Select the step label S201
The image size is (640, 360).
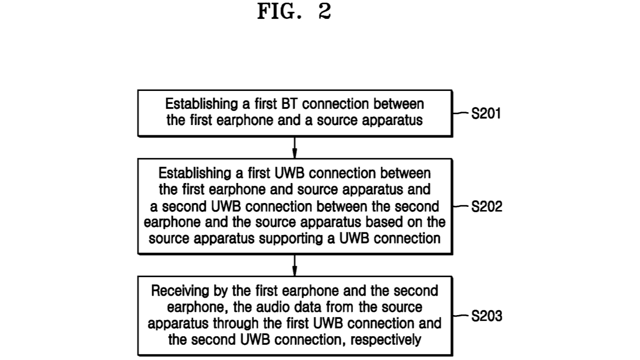pyautogui.click(x=486, y=114)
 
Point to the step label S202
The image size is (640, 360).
pyautogui.click(x=486, y=207)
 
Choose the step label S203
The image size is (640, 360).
pyautogui.click(x=486, y=316)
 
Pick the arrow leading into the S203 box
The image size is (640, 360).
pyautogui.click(x=295, y=265)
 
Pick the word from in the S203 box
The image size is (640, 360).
pyautogui.click(x=340, y=308)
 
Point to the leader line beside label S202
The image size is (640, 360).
pyautogui.click(x=461, y=206)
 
